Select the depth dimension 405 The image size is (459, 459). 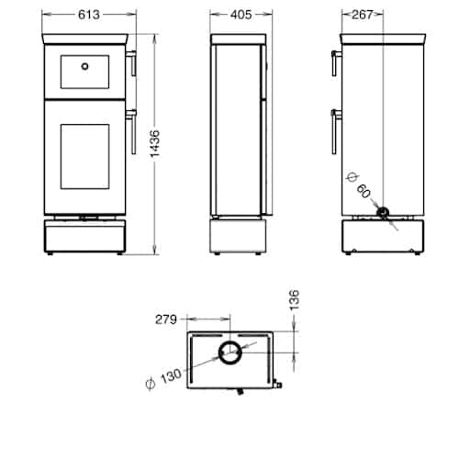[240, 14]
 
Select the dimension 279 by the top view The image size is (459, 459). [165, 320]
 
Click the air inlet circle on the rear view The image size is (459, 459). [384, 214]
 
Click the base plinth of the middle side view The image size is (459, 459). [240, 237]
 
